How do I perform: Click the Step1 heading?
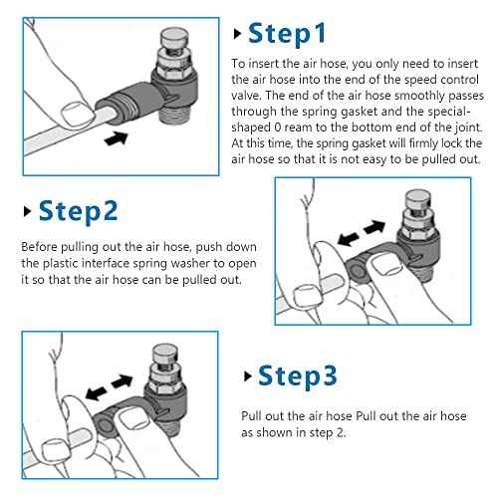pos(287,34)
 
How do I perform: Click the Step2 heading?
pos(79,211)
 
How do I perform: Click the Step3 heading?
pos(298,376)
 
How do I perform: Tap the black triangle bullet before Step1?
pos(237,34)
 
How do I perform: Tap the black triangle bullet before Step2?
pos(27,211)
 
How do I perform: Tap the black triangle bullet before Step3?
pos(247,376)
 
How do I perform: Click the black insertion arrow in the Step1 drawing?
pos(117,137)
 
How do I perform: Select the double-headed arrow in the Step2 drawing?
pos(362,233)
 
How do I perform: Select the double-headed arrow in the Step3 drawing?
pos(110,387)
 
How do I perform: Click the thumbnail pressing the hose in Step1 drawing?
pos(78,114)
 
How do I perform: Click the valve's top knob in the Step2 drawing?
pos(418,199)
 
